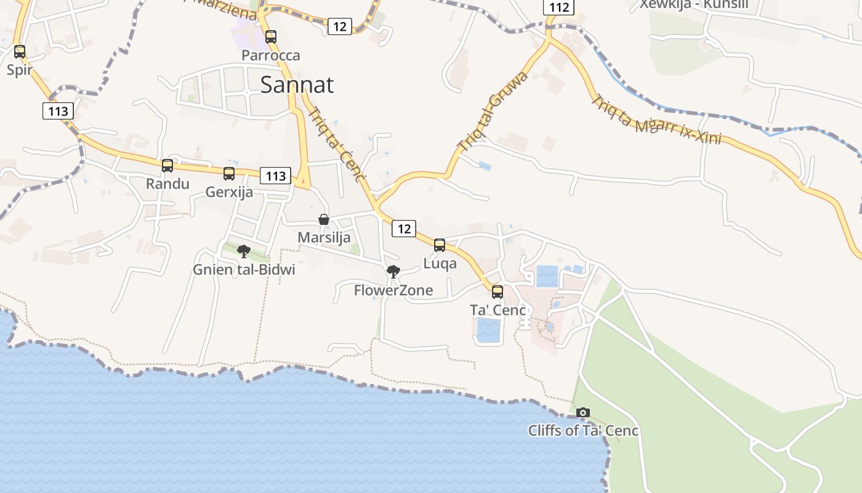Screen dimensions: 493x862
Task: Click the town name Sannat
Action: [297, 84]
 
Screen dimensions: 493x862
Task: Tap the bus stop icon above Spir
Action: [20, 52]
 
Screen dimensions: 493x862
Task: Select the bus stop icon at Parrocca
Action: [271, 37]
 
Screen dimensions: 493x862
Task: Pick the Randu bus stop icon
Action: [167, 166]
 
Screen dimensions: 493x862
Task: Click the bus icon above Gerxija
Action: [229, 174]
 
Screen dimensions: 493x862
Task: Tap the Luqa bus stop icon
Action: [440, 245]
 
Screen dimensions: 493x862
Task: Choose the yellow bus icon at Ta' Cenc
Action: [497, 292]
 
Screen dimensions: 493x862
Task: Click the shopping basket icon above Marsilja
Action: [324, 219]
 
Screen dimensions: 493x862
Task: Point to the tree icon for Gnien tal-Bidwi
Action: [244, 251]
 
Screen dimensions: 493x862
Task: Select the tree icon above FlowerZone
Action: [393, 271]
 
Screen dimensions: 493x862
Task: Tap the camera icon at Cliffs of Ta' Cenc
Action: [582, 412]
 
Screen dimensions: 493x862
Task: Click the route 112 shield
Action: [558, 7]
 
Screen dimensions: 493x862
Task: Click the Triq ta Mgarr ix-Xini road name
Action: [656, 120]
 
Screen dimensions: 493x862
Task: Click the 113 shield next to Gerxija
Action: [275, 176]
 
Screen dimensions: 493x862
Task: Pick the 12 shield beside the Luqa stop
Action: [404, 229]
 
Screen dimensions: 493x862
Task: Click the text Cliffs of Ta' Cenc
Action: [583, 430]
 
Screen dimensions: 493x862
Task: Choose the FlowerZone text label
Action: [393, 290]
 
